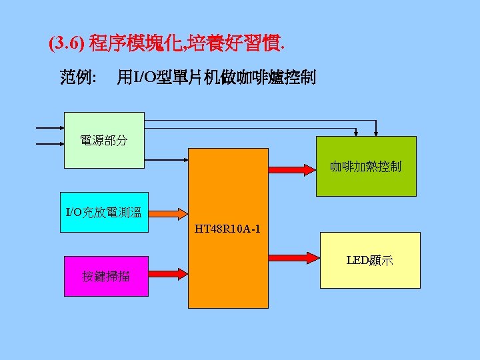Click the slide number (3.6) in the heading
66,45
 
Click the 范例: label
78,78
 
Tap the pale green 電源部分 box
104,140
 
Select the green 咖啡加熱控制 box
365,167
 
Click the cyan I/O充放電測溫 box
103,213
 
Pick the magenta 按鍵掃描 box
106,275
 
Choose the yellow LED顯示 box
370,260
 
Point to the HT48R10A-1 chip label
227,230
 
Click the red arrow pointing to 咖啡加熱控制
291,169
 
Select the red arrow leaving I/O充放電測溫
168,213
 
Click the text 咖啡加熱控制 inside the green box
365,167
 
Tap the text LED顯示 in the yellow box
370,260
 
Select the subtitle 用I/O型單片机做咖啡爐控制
216,78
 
